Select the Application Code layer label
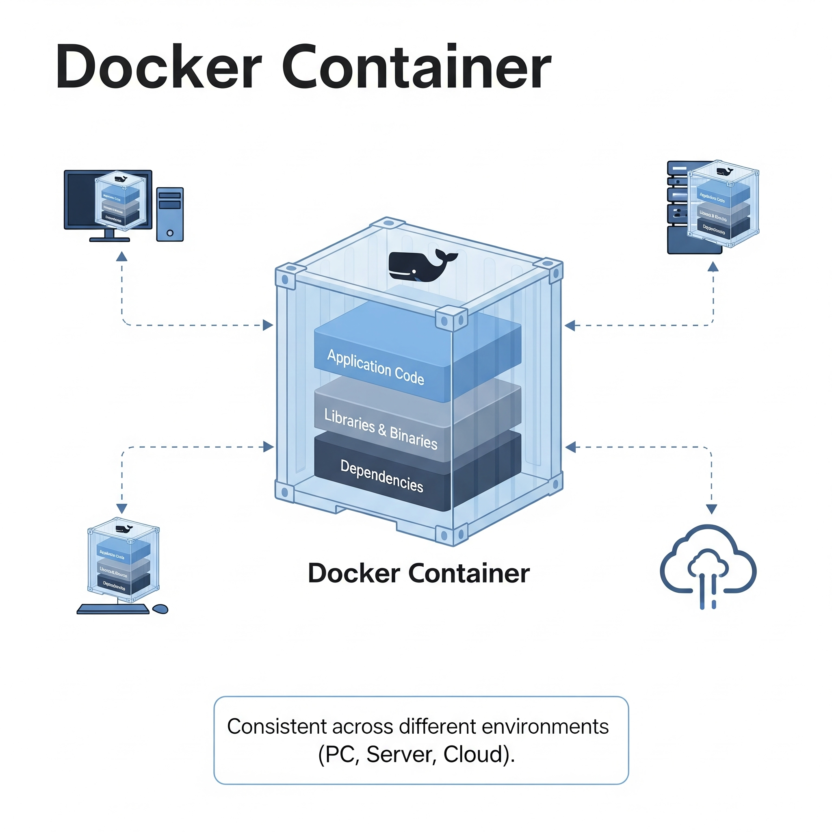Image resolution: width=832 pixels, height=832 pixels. [375, 367]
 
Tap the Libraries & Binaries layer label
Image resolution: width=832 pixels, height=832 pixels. [381, 429]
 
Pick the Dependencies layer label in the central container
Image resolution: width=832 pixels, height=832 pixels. [381, 476]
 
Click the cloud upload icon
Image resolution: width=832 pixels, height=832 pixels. [708, 565]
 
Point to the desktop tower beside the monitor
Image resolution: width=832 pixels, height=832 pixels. [170, 214]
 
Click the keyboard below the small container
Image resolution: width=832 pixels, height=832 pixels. [113, 609]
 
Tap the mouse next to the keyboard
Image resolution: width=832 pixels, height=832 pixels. [160, 609]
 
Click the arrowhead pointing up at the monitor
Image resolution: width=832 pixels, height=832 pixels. [122, 257]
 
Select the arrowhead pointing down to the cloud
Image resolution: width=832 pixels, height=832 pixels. [711, 509]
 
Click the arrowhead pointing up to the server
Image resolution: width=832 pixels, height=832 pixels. [713, 267]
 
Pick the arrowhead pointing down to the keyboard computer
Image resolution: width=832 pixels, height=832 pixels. [122, 508]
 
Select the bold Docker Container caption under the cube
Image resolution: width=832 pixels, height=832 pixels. [418, 573]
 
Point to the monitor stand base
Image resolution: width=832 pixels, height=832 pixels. [109, 239]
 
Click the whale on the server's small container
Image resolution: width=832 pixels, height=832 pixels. [725, 171]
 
